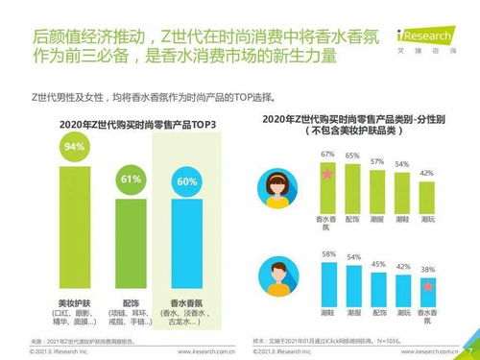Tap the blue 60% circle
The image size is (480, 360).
(x=188, y=181)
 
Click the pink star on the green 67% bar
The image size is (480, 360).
(x=327, y=175)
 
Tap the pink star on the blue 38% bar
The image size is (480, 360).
(x=430, y=286)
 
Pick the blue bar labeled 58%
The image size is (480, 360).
(x=327, y=282)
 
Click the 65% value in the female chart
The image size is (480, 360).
(x=352, y=155)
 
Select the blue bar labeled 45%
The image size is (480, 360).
(x=378, y=287)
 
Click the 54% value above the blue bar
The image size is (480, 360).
(x=352, y=257)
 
